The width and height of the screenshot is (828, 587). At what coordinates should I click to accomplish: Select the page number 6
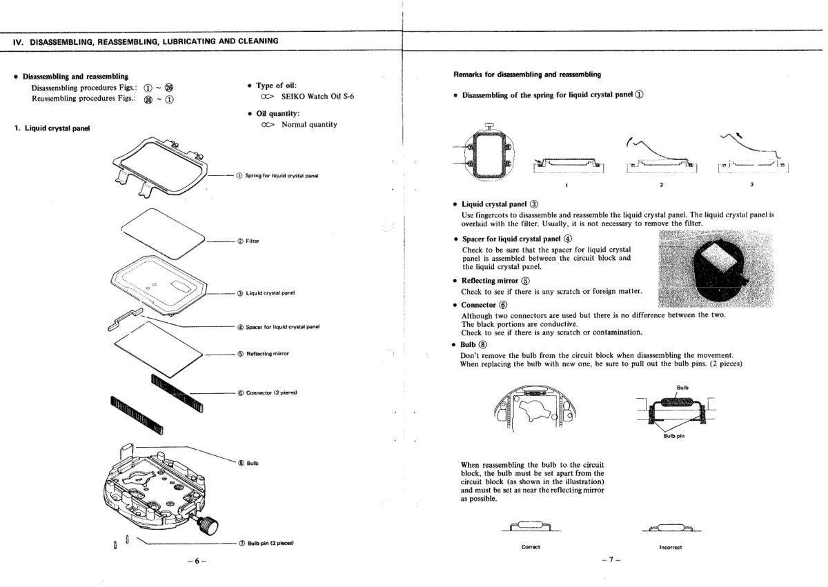pyautogui.click(x=196, y=561)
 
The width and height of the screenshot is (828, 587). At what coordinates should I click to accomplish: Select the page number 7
pyautogui.click(x=611, y=561)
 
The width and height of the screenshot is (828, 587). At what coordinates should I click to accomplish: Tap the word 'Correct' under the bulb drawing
pyautogui.click(x=531, y=546)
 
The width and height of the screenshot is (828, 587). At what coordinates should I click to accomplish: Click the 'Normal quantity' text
pyautogui.click(x=309, y=124)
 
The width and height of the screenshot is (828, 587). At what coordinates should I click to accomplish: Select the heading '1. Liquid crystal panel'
pyautogui.click(x=52, y=128)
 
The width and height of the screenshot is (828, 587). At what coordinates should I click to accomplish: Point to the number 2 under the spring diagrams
pyautogui.click(x=660, y=184)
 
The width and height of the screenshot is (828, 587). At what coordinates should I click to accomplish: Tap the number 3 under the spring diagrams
pyautogui.click(x=751, y=184)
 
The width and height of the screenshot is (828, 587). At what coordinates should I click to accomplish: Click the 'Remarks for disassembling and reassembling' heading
pyautogui.click(x=526, y=74)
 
